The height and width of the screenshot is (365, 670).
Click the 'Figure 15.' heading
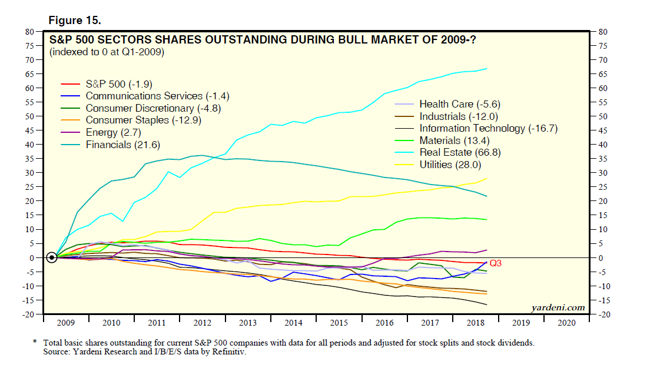75,20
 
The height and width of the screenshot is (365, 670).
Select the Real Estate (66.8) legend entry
460,152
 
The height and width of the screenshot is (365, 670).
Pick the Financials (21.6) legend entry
122,145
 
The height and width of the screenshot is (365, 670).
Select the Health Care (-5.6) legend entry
459,104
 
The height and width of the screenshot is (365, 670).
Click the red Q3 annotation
496,263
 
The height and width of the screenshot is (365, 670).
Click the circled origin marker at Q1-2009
52,257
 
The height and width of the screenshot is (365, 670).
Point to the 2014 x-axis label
293,323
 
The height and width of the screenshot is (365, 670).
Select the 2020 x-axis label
566,323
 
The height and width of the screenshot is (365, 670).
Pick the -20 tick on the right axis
603,314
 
